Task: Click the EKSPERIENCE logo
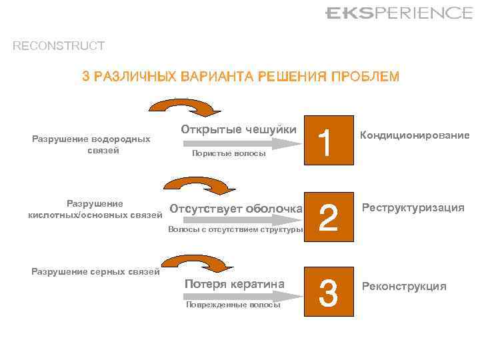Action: [x=399, y=13]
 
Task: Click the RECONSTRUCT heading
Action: [x=59, y=46]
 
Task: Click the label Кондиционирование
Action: [x=415, y=135]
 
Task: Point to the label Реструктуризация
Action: [x=413, y=208]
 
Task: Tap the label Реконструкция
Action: [x=404, y=287]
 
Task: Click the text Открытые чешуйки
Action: [x=238, y=129]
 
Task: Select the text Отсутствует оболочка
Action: [x=236, y=209]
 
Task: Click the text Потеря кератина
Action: [x=234, y=284]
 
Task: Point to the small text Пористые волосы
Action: [x=228, y=154]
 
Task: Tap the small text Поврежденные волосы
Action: [x=233, y=305]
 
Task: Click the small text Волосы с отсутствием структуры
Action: [x=235, y=229]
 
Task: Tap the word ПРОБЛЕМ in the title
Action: [x=365, y=77]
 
